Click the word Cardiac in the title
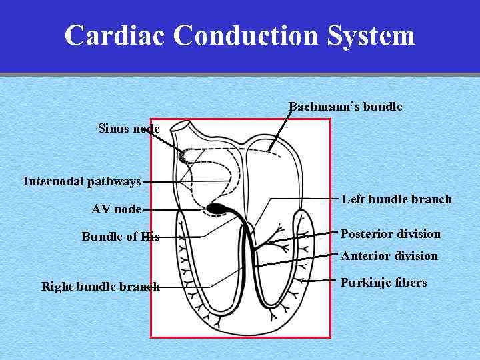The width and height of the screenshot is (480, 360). pyautogui.click(x=115, y=35)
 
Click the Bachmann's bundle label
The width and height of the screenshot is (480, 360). pyautogui.click(x=345, y=107)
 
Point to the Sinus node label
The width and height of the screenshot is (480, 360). pyautogui.click(x=129, y=128)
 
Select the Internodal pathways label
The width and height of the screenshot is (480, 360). pyautogui.click(x=82, y=181)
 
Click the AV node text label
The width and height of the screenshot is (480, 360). pyautogui.click(x=116, y=209)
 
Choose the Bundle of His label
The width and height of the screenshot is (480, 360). pyautogui.click(x=121, y=237)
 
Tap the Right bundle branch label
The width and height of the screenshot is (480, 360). pyautogui.click(x=101, y=287)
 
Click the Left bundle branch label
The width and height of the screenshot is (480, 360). pyautogui.click(x=397, y=199)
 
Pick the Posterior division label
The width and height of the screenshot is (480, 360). pyautogui.click(x=391, y=234)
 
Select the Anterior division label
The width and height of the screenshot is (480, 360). pyautogui.click(x=389, y=256)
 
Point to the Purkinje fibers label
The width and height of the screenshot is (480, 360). pyautogui.click(x=384, y=283)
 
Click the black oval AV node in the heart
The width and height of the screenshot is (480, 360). pyautogui.click(x=217, y=209)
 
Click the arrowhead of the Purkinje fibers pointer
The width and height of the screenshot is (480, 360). pyautogui.click(x=301, y=281)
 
